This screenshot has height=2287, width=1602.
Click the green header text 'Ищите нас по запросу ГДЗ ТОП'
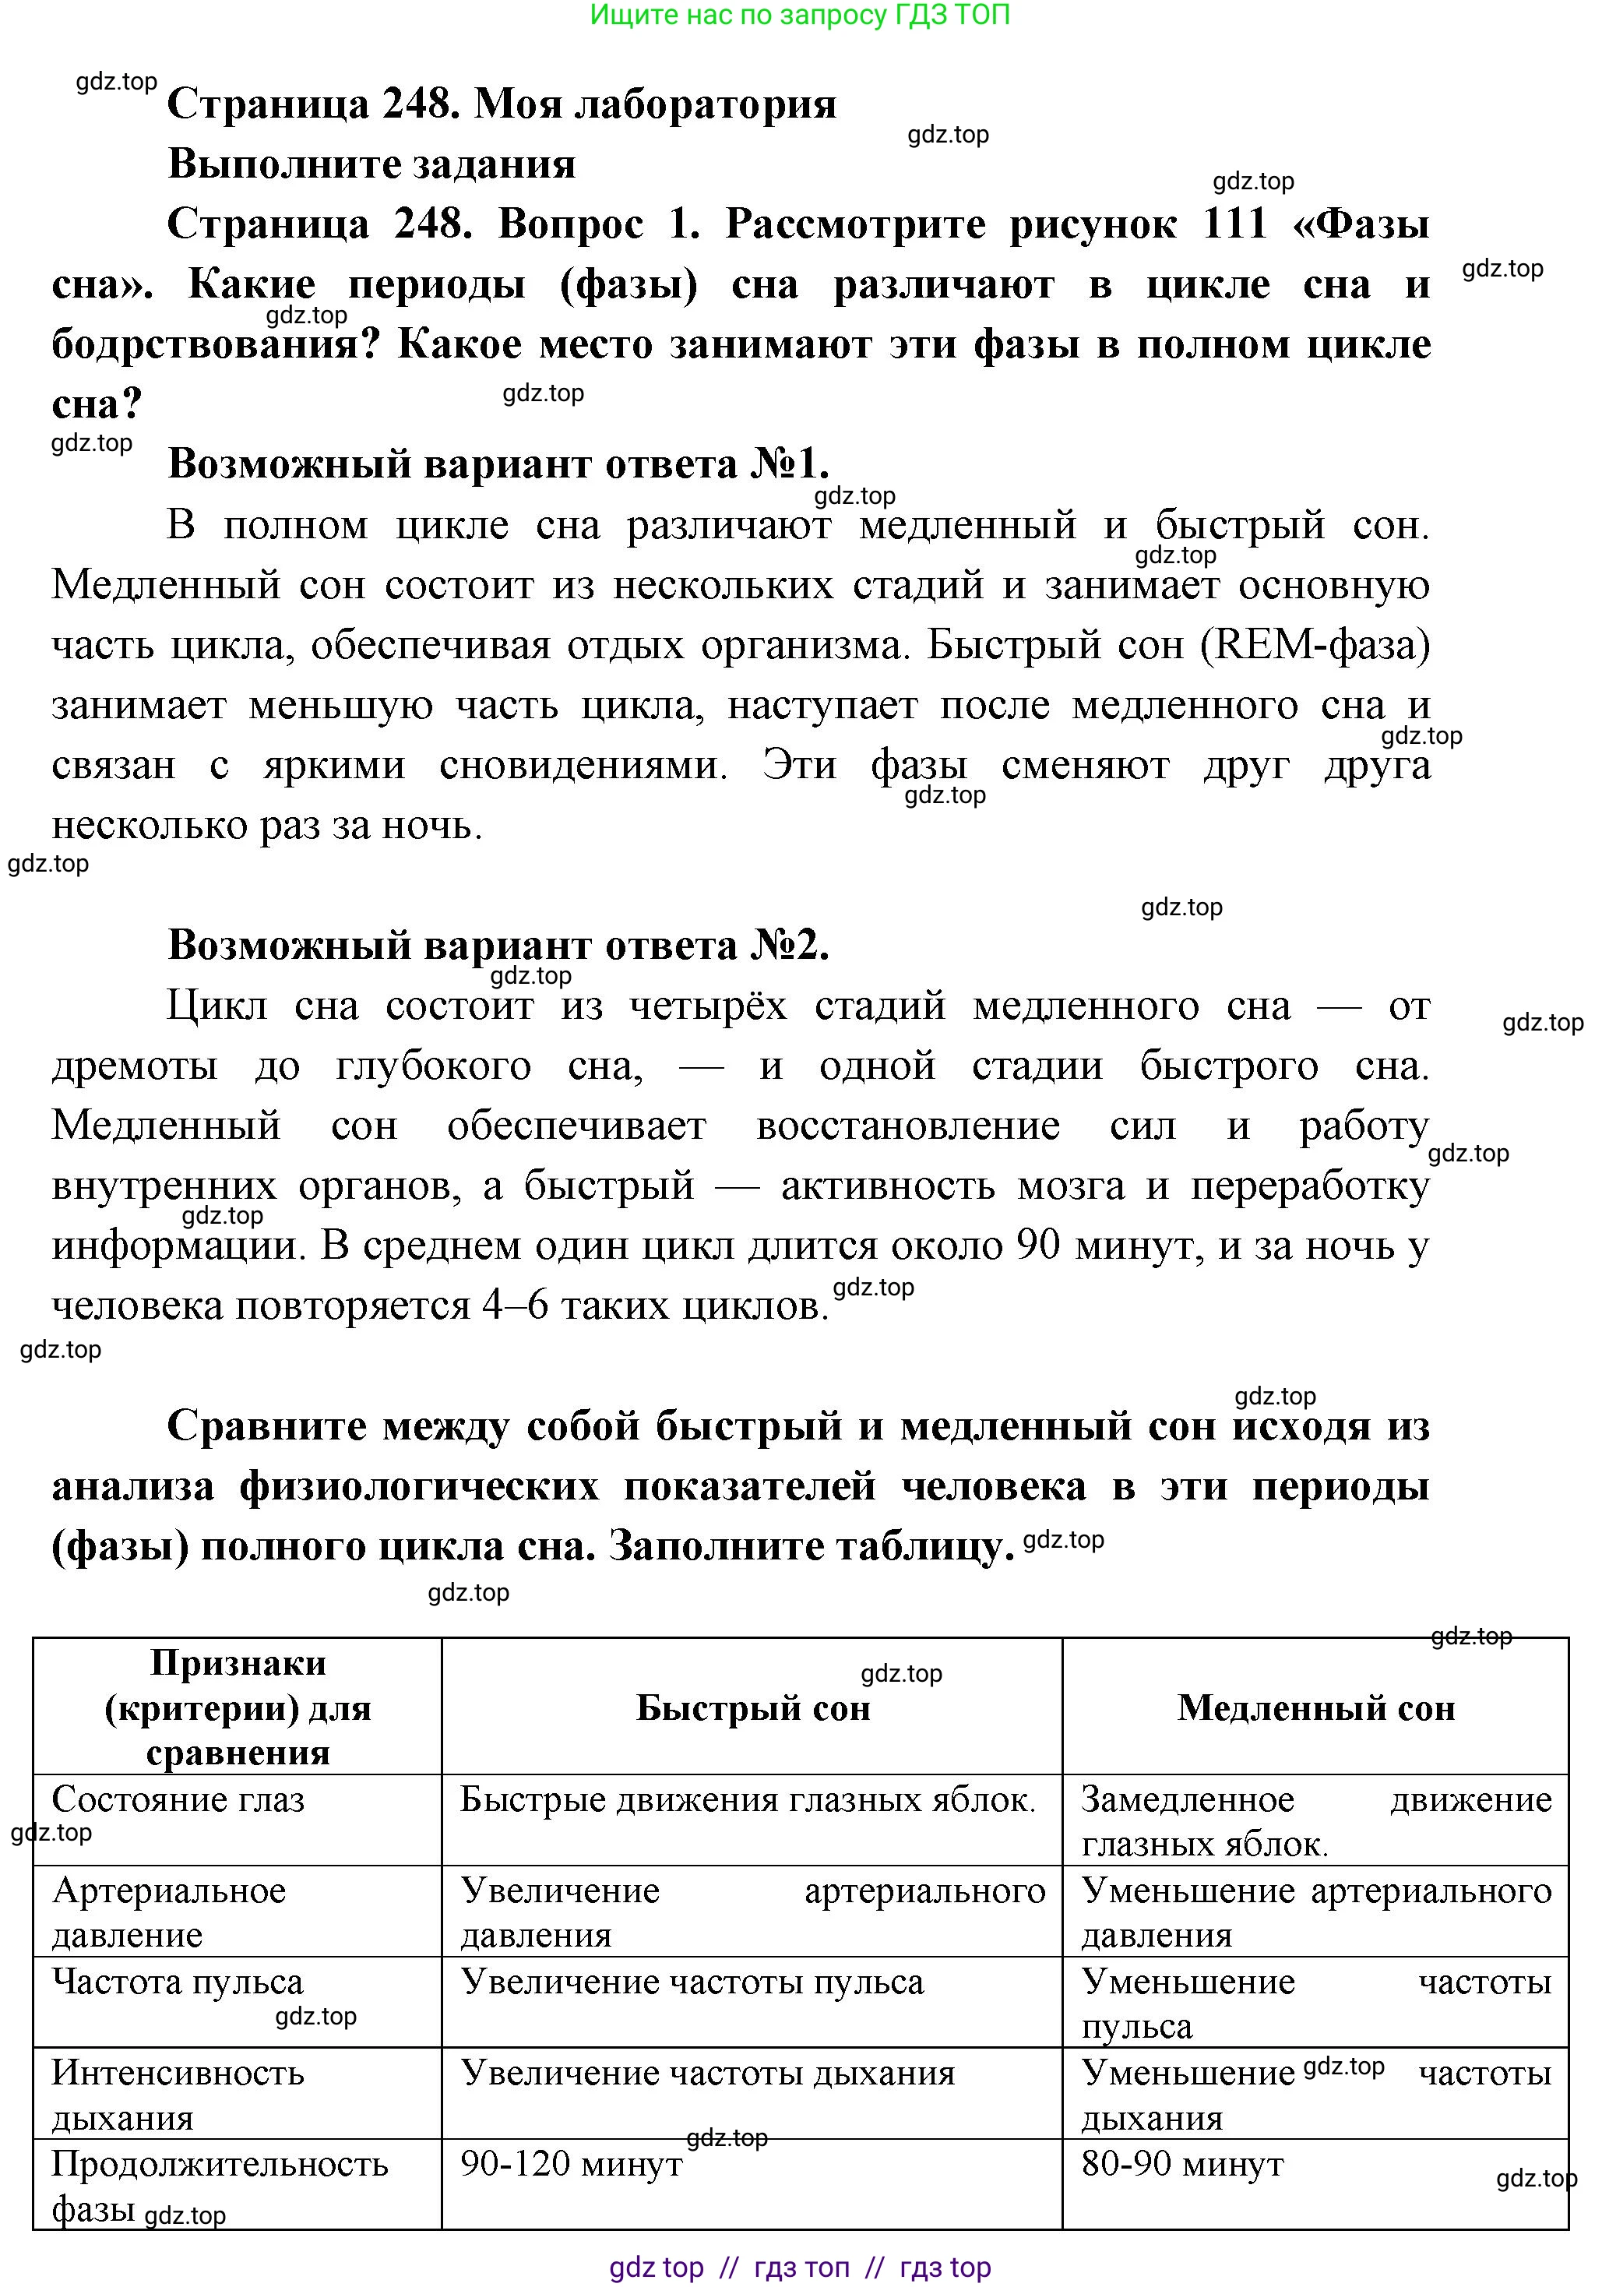(800, 15)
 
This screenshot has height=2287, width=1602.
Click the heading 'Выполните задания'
(371, 164)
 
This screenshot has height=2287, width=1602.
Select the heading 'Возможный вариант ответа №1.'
(498, 464)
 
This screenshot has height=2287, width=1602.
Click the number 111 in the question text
(1234, 224)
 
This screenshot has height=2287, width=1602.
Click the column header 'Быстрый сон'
(752, 1708)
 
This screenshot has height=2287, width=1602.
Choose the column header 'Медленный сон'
(1315, 1708)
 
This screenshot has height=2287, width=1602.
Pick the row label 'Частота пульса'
(178, 1982)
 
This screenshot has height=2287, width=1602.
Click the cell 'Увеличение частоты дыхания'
(707, 2073)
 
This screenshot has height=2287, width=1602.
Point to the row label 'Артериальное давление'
(168, 1912)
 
